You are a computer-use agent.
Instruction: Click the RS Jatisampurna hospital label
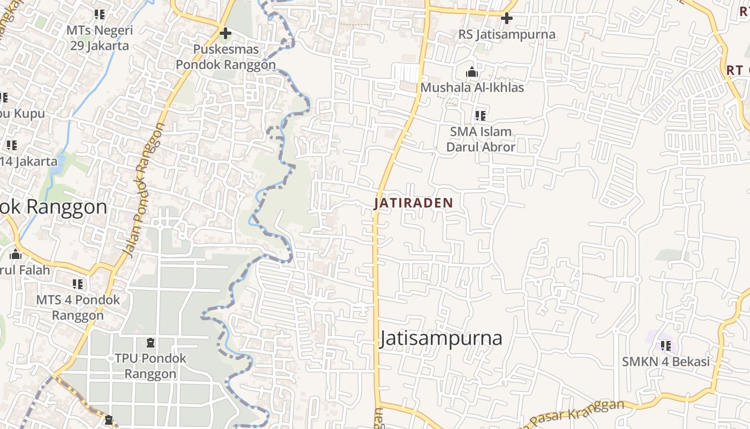click(507, 35)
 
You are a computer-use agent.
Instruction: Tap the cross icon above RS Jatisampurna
click(506, 19)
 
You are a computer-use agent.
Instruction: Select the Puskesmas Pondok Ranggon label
click(226, 57)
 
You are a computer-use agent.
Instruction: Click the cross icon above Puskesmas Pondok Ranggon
click(226, 33)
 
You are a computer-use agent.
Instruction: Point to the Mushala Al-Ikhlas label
click(472, 87)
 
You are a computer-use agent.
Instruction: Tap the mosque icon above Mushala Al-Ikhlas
click(471, 72)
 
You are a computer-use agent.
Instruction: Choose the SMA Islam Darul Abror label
click(481, 139)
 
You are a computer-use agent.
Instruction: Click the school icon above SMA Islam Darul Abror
click(481, 115)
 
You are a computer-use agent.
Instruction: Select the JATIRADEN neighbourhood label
click(414, 203)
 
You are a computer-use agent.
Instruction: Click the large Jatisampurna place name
click(441, 338)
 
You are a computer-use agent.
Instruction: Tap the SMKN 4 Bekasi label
click(665, 361)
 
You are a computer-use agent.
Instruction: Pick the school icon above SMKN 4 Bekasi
click(666, 346)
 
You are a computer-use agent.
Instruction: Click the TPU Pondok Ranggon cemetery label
click(151, 366)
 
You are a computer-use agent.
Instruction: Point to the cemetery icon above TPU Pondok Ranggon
click(151, 342)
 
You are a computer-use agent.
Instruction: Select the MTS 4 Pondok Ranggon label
click(78, 307)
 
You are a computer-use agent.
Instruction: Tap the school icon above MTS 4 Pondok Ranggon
click(78, 284)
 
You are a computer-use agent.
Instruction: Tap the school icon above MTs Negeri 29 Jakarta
click(100, 14)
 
